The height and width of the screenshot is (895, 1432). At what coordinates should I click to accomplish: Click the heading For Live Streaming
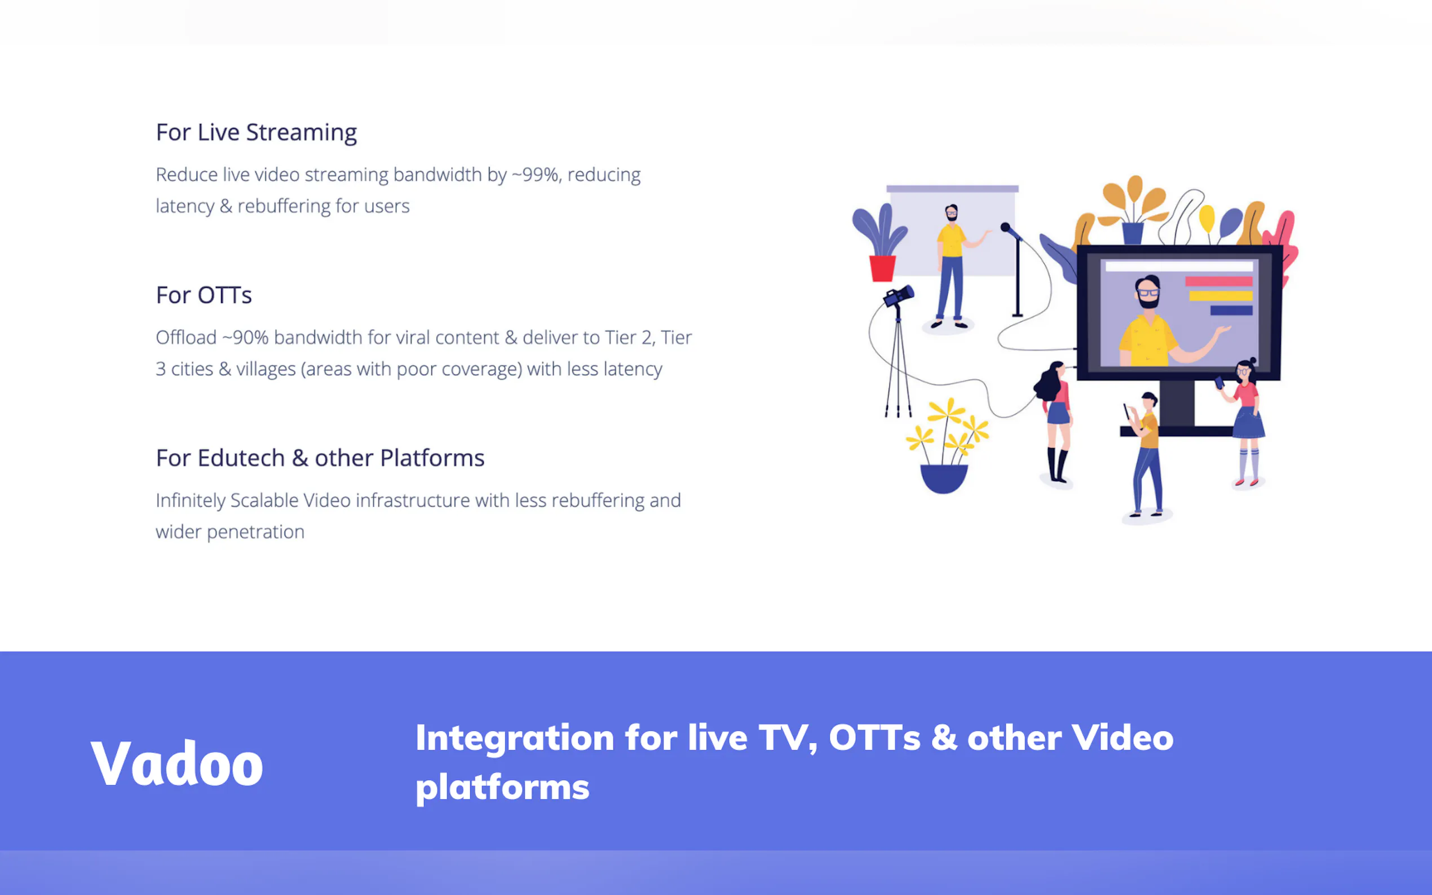point(257,132)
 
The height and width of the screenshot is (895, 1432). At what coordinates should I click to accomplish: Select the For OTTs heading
point(204,295)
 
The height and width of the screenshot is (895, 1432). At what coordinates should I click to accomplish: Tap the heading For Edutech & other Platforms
point(320,458)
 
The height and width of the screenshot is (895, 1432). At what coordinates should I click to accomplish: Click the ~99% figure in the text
point(534,175)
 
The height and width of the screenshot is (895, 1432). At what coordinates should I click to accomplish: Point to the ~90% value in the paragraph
point(245,338)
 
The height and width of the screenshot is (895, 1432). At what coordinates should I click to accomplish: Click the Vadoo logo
point(176,764)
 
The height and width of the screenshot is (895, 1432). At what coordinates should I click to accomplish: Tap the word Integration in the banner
point(514,739)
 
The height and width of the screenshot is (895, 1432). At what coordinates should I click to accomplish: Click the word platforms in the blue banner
point(502,788)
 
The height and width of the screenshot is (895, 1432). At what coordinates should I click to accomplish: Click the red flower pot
point(882,268)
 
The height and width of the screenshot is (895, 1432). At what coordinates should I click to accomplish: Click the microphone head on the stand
point(1006,227)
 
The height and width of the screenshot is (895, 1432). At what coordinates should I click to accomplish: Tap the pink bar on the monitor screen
point(1218,281)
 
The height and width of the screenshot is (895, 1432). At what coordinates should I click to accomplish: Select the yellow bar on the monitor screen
point(1221,295)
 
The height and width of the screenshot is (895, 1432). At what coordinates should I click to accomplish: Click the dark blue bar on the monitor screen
point(1231,310)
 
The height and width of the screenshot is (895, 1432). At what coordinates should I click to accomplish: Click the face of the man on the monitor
point(1148,293)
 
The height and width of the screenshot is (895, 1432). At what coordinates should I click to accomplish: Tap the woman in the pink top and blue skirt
point(1247,423)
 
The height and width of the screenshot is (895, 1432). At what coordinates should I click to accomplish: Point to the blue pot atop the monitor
point(1133,233)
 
